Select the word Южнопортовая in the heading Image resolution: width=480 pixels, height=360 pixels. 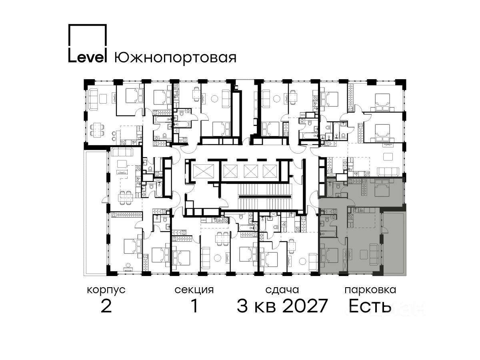(x=175, y=58)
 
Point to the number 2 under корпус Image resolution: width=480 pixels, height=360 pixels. (x=106, y=306)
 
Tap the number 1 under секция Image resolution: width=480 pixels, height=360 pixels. (x=194, y=306)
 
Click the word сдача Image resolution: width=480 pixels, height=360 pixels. (x=282, y=290)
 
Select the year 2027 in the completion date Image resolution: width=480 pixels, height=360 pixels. (x=305, y=306)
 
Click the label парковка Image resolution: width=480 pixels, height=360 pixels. (x=370, y=290)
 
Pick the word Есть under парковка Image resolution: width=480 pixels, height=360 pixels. (x=370, y=306)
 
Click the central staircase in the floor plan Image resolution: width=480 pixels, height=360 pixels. (x=265, y=196)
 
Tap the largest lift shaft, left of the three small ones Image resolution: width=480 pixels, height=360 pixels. (x=203, y=171)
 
